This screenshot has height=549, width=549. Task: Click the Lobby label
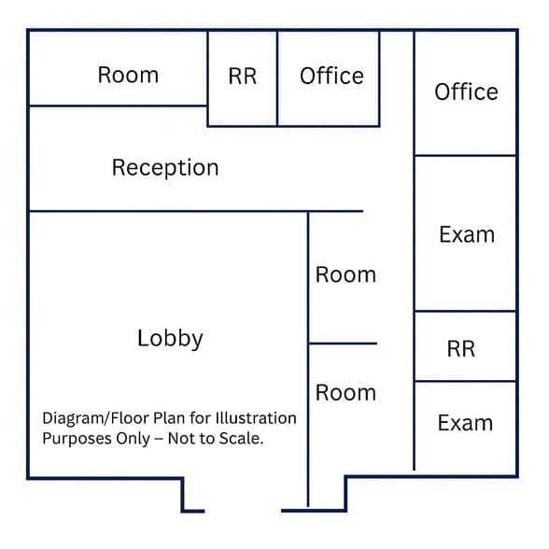coord(170,338)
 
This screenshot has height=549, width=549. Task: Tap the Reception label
coord(165,168)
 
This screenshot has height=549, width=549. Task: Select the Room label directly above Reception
coord(128,75)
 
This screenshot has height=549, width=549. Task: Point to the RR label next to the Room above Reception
coord(243,76)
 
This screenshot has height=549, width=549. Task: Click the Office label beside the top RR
coord(332,76)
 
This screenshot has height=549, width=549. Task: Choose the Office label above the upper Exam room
coord(467,91)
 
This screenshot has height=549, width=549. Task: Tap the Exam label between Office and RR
coord(467,234)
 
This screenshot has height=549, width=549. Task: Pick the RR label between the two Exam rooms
coord(461,349)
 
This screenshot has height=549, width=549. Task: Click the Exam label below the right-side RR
coord(465,423)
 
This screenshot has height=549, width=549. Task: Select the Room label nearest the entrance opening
coord(345,392)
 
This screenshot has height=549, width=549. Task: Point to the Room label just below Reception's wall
coord(345,274)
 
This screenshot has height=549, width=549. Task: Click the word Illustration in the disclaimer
coord(256,417)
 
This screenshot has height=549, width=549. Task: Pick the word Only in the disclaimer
coord(133,439)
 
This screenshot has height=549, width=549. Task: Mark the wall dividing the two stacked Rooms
coord(343,344)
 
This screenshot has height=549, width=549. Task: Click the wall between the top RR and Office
coord(277,78)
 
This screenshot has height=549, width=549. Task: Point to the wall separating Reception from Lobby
coord(196,211)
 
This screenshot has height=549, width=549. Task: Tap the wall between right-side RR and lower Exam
coord(465,381)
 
